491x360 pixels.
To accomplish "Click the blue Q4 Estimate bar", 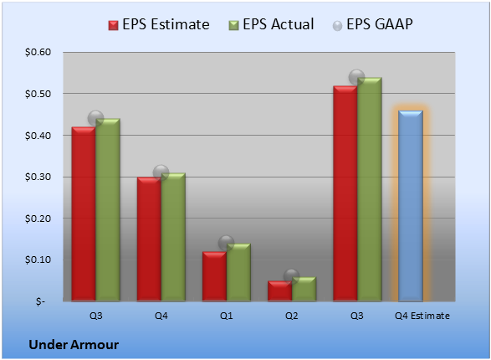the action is [411, 206].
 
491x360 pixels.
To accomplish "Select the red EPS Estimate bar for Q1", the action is [214, 276].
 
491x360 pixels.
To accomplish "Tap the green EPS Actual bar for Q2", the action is [304, 289].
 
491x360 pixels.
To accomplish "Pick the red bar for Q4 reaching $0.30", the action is [149, 239].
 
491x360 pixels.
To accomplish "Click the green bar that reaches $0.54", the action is [370, 189].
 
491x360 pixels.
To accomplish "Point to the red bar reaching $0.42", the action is [84, 214].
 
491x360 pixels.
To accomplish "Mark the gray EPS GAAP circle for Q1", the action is [226, 243].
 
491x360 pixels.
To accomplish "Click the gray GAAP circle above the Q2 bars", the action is [292, 276].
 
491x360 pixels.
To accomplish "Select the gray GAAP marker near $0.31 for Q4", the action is [161, 172].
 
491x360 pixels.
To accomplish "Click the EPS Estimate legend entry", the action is [159, 24].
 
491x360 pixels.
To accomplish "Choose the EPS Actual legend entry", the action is [272, 24].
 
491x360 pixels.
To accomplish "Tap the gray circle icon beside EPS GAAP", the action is [337, 26].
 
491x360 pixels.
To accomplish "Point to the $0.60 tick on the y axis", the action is [38, 52].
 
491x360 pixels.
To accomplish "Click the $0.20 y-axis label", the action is [38, 219].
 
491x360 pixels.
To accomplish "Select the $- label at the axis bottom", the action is [40, 301].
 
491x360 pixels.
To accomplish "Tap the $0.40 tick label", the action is [38, 136].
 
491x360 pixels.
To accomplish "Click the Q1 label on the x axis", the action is [227, 316].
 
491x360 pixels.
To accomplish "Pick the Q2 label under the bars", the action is [292, 316].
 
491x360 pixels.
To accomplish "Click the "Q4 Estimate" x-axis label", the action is [422, 316].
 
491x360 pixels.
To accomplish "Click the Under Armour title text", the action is [74, 345].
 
